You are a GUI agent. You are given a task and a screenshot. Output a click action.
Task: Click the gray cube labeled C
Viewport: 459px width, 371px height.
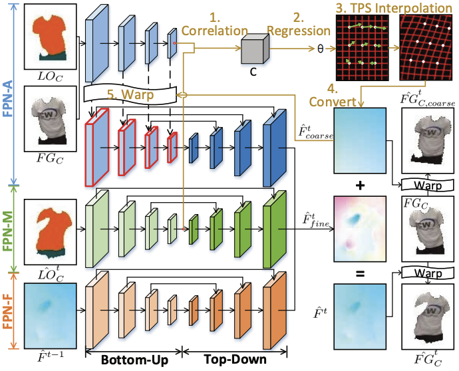point(254,50)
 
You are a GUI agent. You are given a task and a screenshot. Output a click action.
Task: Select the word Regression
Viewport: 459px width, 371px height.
point(299,30)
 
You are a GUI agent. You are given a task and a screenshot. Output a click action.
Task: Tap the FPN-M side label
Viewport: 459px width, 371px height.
point(9,226)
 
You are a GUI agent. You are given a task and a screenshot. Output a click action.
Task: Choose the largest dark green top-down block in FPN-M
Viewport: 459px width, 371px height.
point(274,229)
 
